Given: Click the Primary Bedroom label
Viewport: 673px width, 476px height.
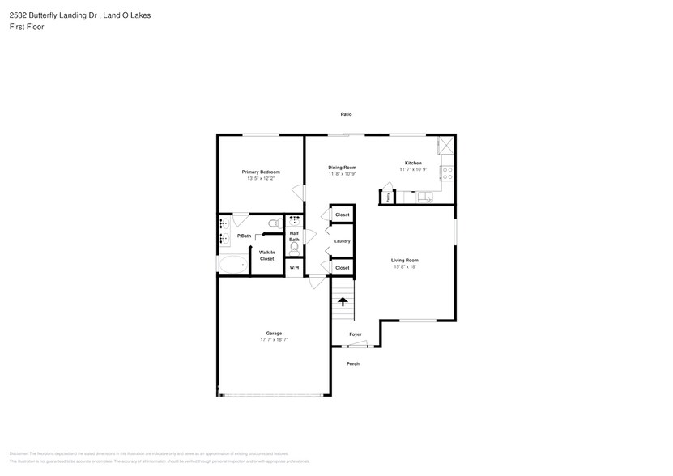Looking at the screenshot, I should pos(261,172).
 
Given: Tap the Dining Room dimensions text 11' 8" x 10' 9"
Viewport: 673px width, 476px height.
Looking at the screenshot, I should pos(342,174).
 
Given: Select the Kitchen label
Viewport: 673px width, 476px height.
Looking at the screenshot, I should pos(413,163).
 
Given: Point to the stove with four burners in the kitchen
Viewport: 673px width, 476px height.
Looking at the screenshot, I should pos(445,172).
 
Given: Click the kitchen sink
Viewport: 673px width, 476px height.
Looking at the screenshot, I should pos(424,196).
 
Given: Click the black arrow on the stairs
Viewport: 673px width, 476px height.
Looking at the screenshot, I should pos(343,301).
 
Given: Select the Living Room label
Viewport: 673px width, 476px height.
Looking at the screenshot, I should pos(404,260).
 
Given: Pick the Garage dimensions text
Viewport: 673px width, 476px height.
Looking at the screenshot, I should pos(274,340).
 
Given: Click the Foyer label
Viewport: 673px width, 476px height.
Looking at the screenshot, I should pos(356,334).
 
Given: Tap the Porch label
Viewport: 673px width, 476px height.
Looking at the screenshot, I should pos(352,363).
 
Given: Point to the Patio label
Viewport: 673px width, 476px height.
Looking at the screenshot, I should pos(346,114).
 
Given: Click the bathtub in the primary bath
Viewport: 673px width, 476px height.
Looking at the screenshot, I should pos(233,265).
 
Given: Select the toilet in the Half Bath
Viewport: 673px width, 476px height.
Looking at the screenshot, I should pos(294,249).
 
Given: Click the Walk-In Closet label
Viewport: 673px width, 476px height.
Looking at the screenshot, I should pos(266,255).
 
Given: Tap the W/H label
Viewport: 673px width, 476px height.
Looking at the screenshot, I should pos(294,267).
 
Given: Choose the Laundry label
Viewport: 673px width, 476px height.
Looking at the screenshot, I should pos(342,241).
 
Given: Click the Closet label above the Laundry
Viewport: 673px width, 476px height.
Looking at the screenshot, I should pos(342,215).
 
